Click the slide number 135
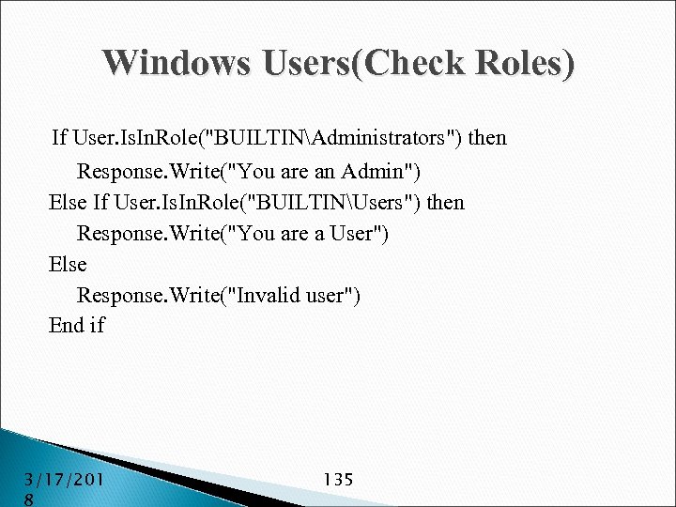[x=337, y=480]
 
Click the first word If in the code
[x=60, y=138]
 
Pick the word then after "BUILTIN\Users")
[x=446, y=203]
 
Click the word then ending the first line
[x=487, y=138]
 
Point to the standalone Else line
[x=68, y=265]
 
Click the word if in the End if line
[x=97, y=326]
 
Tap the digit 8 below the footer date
[x=29, y=500]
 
